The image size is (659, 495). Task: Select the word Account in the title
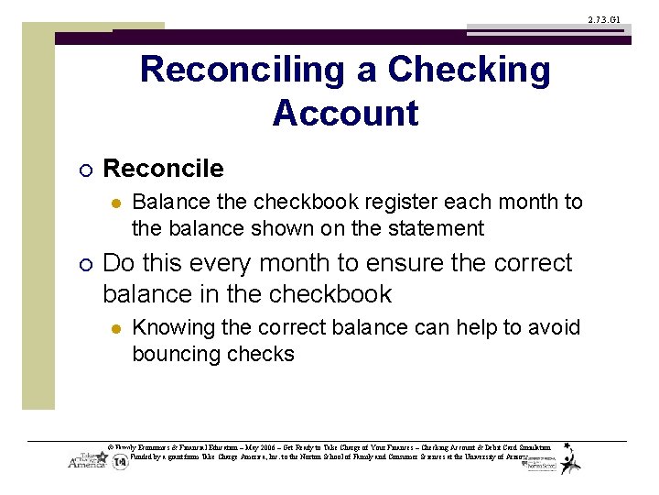[345, 113]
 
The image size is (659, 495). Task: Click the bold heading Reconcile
[163, 169]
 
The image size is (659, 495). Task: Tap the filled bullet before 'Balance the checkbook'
[115, 203]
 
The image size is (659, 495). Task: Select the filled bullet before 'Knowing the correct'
[115, 328]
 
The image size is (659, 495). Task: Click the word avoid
[553, 327]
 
